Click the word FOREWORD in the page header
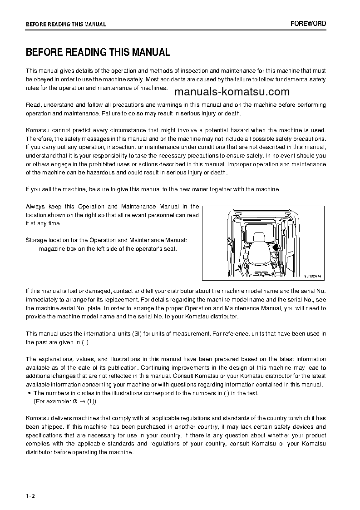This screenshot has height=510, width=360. point(308,24)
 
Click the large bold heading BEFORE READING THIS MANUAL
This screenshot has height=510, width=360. point(98,52)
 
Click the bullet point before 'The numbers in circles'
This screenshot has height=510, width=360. point(29,393)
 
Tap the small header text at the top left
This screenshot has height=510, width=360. point(66,25)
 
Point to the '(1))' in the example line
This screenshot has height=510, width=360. point(91,401)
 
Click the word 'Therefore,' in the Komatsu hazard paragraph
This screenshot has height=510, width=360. point(39,139)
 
